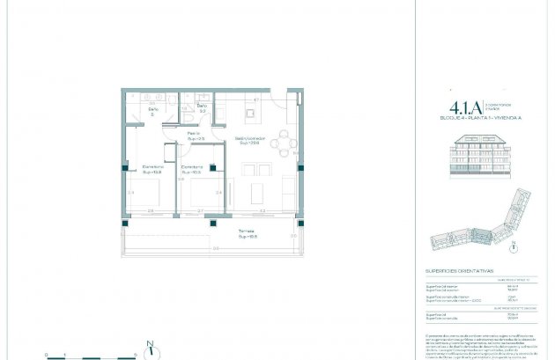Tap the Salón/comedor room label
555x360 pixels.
pos(250,140)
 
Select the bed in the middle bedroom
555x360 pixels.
pos(193,188)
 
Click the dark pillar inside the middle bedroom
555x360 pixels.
pos(212,168)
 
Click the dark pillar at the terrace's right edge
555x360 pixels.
pos(295,223)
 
